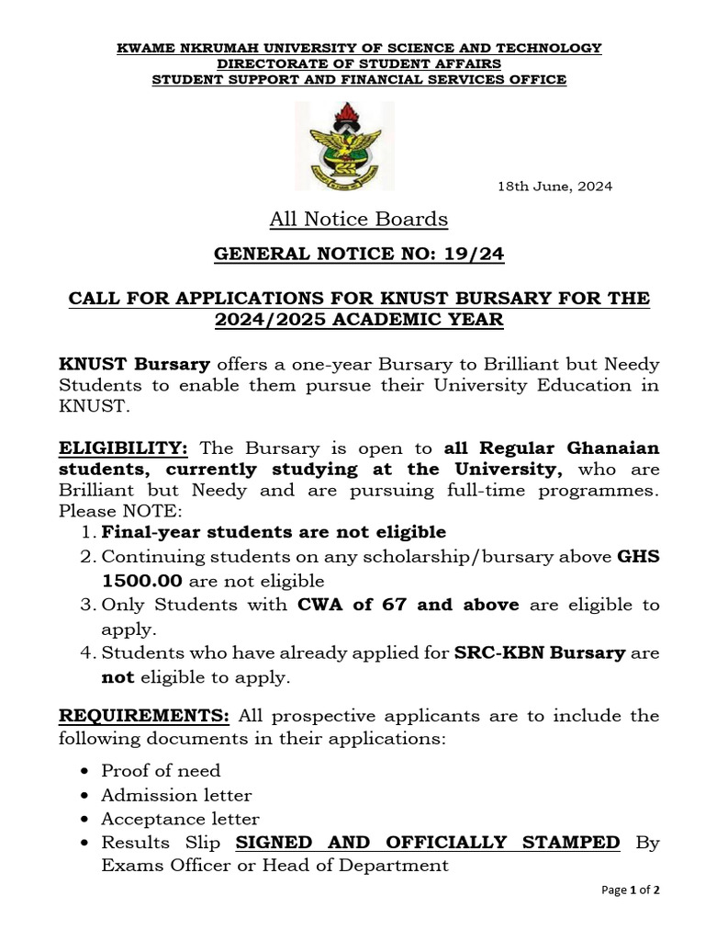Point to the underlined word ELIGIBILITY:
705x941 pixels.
pyautogui.click(x=124, y=448)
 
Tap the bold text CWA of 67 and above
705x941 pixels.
pyautogui.click(x=408, y=605)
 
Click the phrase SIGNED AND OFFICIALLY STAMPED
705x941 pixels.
pyautogui.click(x=428, y=843)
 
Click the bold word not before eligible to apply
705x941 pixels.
pyautogui.click(x=117, y=677)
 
